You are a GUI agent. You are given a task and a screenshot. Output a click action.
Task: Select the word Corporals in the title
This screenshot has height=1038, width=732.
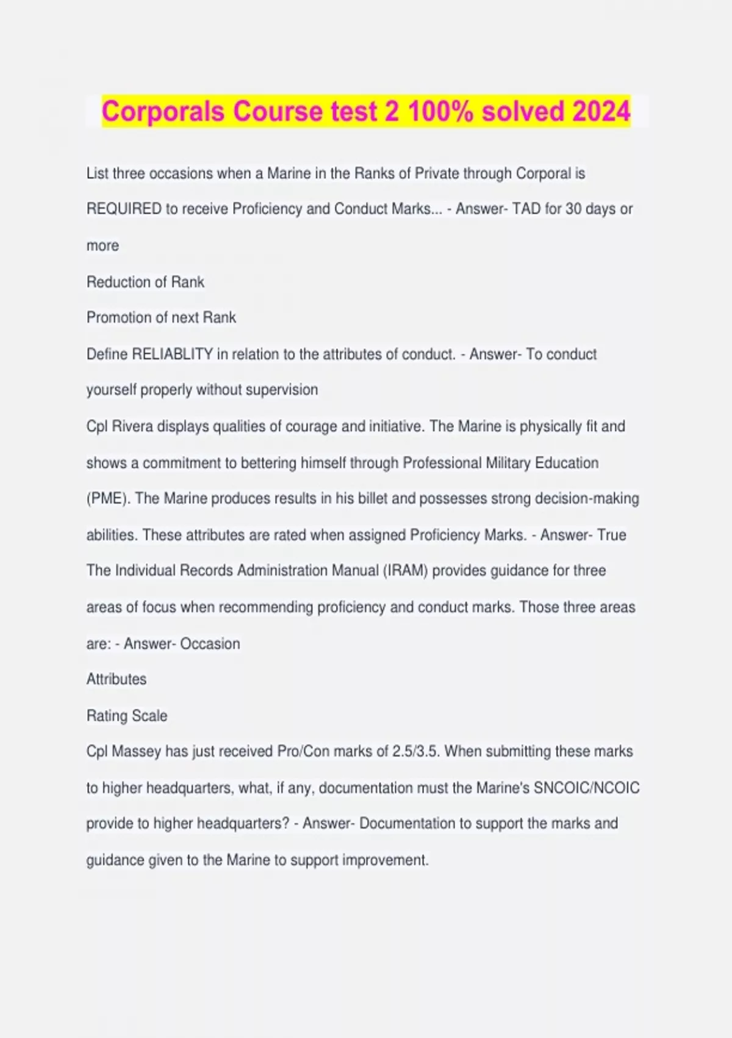[163, 112]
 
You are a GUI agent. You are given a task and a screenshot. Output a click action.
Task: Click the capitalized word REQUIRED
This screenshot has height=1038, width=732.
[124, 209]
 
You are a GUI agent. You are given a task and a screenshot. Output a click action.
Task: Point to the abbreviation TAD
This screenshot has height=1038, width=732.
[526, 209]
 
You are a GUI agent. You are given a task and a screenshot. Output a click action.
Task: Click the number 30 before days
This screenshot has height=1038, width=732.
[573, 209]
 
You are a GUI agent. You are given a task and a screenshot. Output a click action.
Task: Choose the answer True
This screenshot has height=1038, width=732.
[612, 535]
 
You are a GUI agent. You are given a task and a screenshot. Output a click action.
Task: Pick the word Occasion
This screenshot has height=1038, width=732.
[210, 644]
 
